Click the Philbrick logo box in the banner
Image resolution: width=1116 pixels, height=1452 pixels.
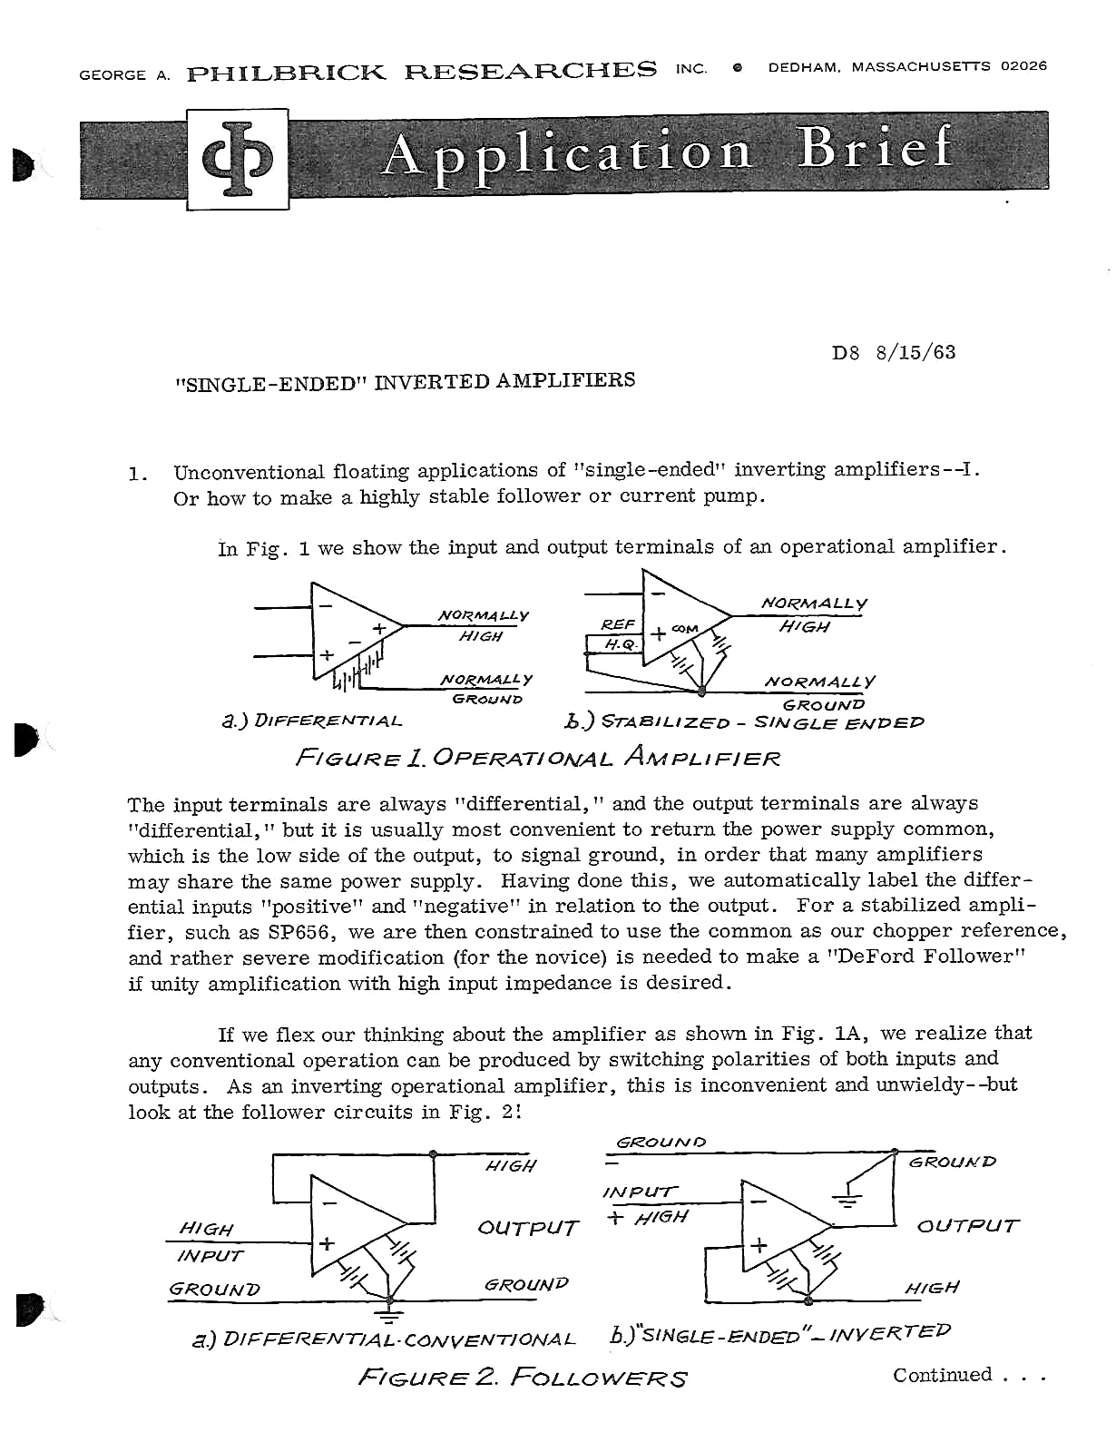point(238,160)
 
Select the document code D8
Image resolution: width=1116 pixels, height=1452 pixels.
point(845,353)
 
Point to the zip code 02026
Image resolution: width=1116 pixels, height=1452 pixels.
point(1023,65)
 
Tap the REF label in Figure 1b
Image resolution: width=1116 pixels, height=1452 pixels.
point(618,624)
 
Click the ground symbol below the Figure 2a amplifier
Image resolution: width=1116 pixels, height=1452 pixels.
point(389,1313)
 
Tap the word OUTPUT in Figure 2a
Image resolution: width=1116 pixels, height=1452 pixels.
point(528,1229)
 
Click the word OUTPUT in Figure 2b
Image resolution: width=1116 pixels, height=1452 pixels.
point(968,1226)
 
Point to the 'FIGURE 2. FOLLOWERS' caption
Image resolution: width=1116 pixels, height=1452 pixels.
point(523,1378)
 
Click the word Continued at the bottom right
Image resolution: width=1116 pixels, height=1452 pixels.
point(943,1375)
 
